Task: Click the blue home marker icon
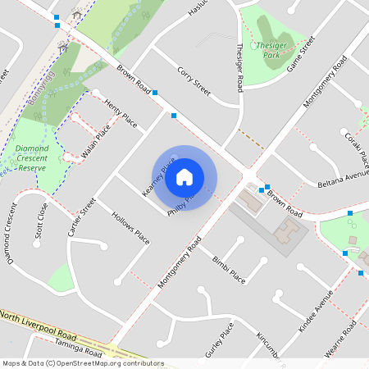(x=184, y=176)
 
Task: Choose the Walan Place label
(x=98, y=140)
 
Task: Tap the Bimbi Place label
(x=229, y=269)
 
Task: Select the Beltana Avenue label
(x=344, y=177)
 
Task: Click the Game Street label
(x=301, y=57)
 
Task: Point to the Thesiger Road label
(x=240, y=67)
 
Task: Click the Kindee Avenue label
(x=316, y=310)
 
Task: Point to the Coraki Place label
(x=358, y=147)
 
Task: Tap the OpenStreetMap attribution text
(x=83, y=362)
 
